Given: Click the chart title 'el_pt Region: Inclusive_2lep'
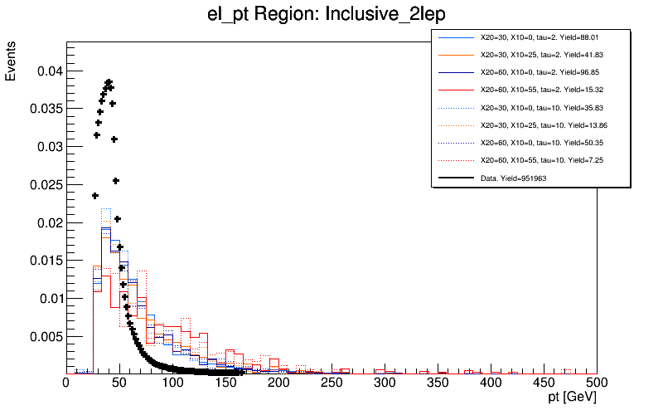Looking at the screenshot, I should (331, 15).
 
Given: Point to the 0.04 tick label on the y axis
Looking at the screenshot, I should (48, 71).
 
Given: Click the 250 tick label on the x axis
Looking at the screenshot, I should (331, 383).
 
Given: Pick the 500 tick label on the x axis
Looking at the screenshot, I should (597, 383).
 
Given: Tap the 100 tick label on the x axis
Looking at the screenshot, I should (172, 383).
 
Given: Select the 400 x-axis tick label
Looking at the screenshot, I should (491, 383).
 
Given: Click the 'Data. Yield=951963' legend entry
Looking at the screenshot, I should (513, 178).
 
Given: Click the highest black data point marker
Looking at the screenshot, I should (109, 81).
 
